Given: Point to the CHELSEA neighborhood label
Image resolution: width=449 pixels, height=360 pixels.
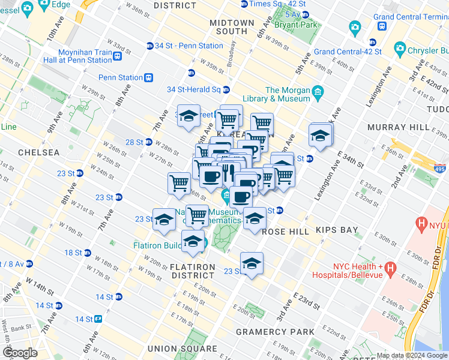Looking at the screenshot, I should coord(39,152).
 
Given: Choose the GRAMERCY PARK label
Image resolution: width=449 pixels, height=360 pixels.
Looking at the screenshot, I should coord(275,332).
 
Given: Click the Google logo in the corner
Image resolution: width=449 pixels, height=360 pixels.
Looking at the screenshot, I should coord(20,353).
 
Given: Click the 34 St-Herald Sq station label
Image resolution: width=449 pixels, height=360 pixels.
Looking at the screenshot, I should coord(194,90).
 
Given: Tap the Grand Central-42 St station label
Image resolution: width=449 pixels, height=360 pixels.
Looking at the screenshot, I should coord(348,52).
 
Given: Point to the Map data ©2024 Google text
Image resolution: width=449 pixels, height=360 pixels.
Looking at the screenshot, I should coord(412,355).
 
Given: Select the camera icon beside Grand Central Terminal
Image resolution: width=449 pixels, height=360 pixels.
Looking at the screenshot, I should coord(355,27).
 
